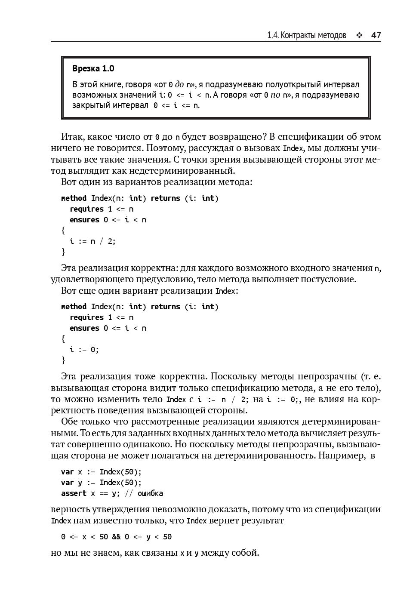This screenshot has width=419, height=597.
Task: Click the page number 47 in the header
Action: click(x=376, y=35)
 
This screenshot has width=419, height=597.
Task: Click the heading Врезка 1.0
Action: click(x=93, y=69)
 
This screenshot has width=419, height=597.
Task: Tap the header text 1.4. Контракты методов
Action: click(x=306, y=35)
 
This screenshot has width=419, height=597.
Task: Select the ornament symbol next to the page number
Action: click(x=359, y=36)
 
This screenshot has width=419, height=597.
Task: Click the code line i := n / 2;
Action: click(x=92, y=241)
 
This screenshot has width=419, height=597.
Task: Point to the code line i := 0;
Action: click(x=84, y=350)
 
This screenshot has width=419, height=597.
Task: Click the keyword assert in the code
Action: click(x=74, y=493)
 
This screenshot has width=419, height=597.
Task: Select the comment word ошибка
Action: click(x=150, y=493)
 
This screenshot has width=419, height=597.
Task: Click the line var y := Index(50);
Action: click(x=101, y=483)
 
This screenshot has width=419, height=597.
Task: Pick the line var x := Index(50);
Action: click(x=101, y=472)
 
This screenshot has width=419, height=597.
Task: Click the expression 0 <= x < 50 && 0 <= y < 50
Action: click(x=116, y=537)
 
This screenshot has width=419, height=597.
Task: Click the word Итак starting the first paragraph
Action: click(x=72, y=137)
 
